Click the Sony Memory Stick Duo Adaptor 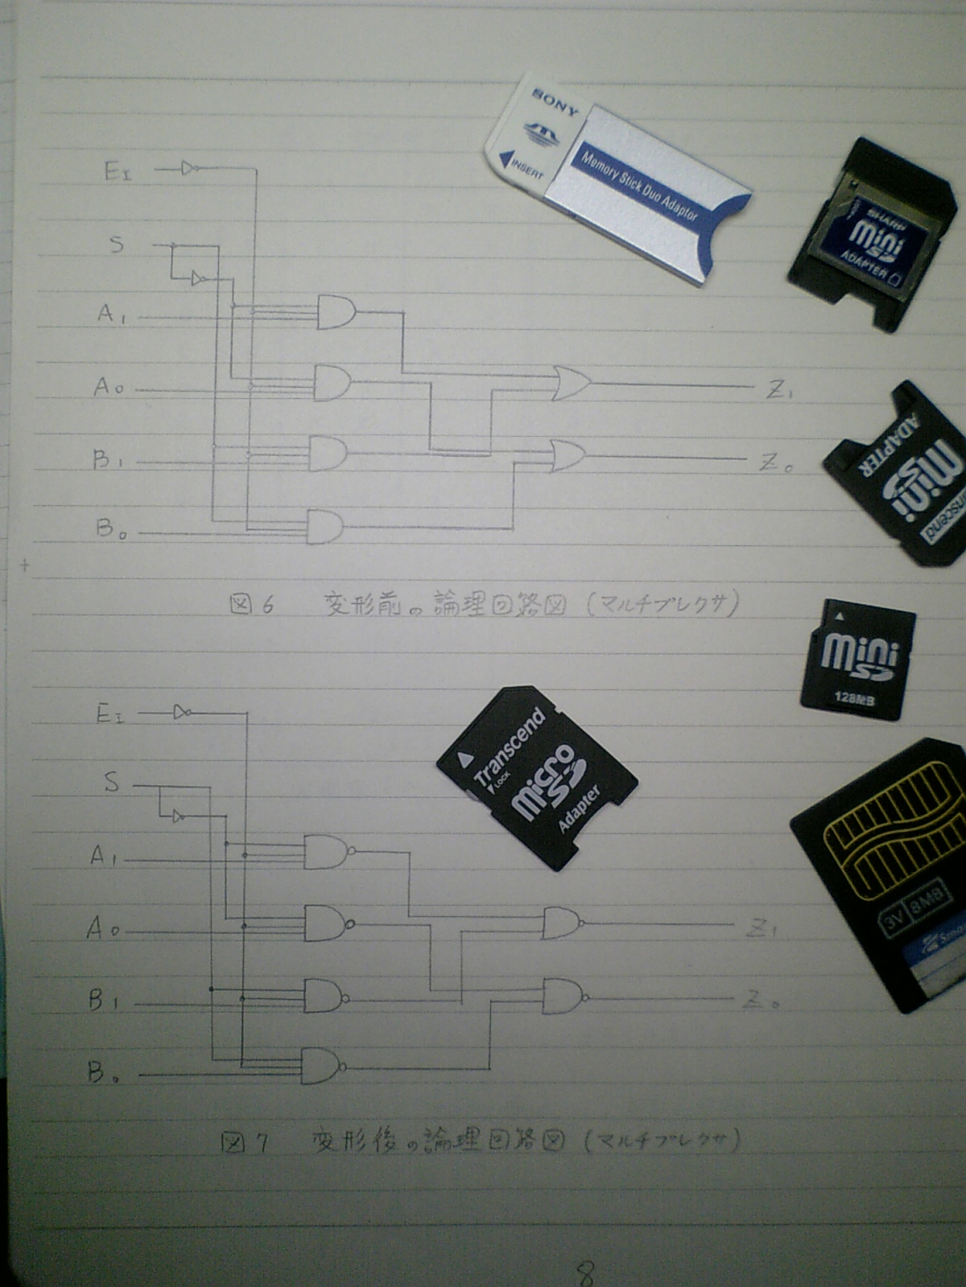pyautogui.click(x=620, y=177)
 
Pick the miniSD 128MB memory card pyautogui.click(x=857, y=660)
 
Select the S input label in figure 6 pyautogui.click(x=117, y=243)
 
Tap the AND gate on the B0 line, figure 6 pyautogui.click(x=324, y=526)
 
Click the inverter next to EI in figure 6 pyautogui.click(x=189, y=168)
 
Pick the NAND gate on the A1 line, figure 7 pyautogui.click(x=325, y=851)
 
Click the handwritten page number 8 pyautogui.click(x=586, y=1272)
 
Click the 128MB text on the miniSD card pyautogui.click(x=854, y=697)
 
